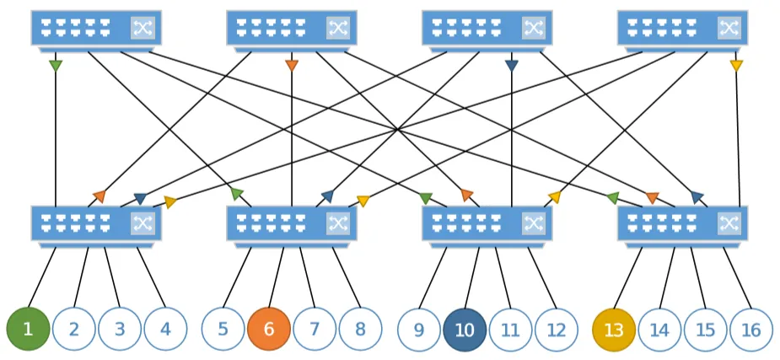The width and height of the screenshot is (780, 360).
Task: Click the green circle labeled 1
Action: click(x=28, y=329)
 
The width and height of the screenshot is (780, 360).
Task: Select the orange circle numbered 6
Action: click(x=269, y=329)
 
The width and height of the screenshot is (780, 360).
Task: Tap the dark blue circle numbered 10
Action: click(x=465, y=329)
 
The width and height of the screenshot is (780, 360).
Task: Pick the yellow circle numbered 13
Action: click(x=614, y=329)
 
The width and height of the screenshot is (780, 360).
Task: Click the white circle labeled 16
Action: click(x=751, y=329)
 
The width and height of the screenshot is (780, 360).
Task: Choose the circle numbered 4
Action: click(x=165, y=329)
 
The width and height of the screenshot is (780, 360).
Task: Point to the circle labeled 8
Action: click(x=361, y=329)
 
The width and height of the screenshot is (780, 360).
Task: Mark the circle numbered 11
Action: click(x=511, y=329)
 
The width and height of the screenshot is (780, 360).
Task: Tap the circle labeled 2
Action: click(x=74, y=329)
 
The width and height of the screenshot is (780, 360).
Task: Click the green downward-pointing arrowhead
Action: click(x=56, y=66)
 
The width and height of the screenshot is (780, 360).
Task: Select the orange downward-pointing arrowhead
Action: click(x=292, y=66)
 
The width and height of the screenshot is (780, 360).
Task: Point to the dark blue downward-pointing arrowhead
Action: click(x=511, y=66)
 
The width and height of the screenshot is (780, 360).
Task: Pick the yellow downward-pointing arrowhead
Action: click(x=736, y=66)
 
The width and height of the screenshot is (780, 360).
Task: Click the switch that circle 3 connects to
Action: click(x=96, y=227)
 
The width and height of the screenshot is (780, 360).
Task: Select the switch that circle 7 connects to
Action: click(x=292, y=227)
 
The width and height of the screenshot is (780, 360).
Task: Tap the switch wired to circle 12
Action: click(x=487, y=227)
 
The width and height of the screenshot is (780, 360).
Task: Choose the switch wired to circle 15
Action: click(x=683, y=227)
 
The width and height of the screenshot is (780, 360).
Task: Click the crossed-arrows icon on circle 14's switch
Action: click(x=729, y=223)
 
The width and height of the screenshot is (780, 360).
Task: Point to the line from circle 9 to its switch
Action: click(x=433, y=278)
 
